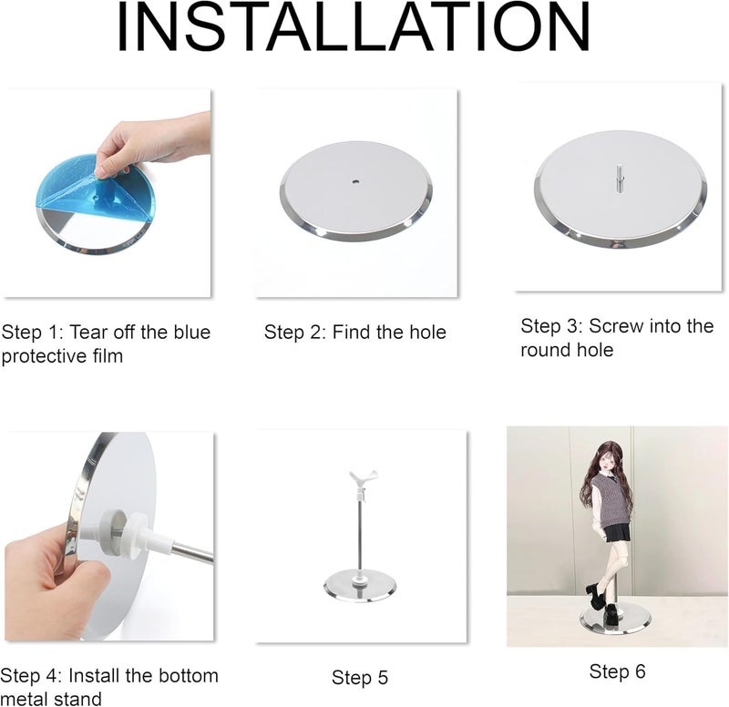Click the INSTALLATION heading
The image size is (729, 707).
354,27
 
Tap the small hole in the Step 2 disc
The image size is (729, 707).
355,181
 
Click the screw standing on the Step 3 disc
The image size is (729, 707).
620,177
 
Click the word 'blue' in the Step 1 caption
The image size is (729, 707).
192,332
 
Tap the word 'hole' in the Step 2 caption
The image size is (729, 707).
427,332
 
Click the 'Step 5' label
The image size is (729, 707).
359,677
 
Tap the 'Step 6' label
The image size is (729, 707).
617,671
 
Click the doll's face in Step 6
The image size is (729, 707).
601,462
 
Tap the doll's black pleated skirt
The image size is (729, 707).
615,532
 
